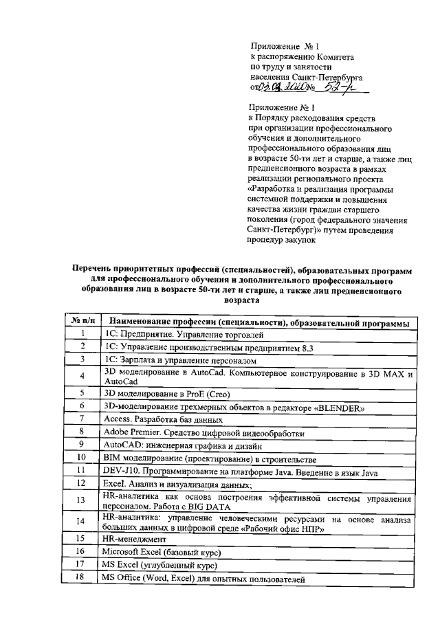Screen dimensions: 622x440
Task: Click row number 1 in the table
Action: tap(81, 335)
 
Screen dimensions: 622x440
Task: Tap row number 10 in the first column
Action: tap(81, 458)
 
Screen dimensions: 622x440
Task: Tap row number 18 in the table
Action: tap(81, 579)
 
